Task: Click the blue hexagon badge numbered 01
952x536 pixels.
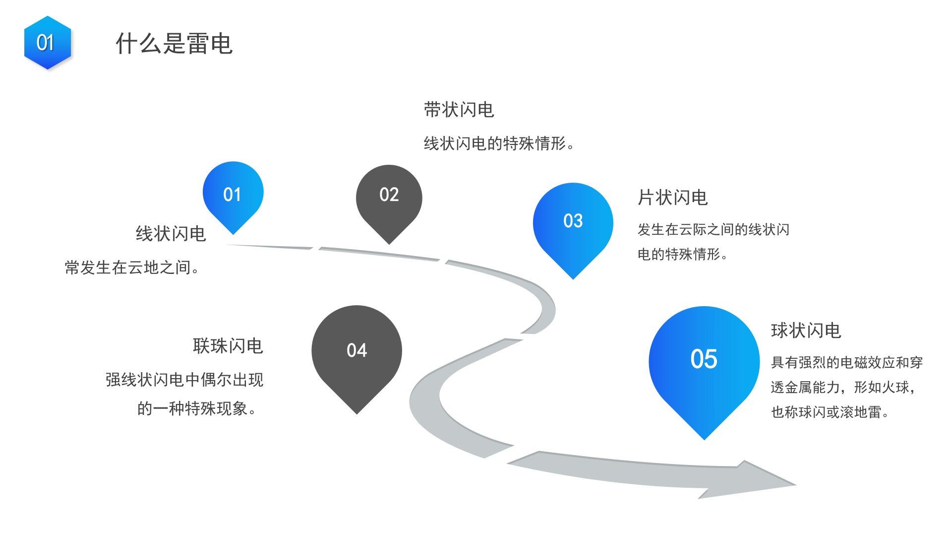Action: [x=47, y=43]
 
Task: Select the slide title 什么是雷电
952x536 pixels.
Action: [x=174, y=44]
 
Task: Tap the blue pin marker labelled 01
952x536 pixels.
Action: [x=233, y=194]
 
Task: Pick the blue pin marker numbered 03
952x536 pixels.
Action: [x=573, y=222]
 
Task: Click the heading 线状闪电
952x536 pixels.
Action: [x=171, y=234]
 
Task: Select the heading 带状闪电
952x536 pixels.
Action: [x=459, y=110]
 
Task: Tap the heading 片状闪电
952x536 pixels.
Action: [x=672, y=198]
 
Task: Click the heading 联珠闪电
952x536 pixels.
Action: [x=228, y=346]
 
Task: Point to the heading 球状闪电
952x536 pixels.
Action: [x=806, y=331]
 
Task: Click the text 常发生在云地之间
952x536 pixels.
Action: [x=132, y=268]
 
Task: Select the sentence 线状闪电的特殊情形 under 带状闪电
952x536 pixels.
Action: [x=499, y=144]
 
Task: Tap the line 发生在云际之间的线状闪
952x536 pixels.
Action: [x=713, y=230]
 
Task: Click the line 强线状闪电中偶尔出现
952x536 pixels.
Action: [x=184, y=380]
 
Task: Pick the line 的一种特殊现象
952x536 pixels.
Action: [x=197, y=409]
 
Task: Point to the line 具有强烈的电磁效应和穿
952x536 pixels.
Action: [x=846, y=363]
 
